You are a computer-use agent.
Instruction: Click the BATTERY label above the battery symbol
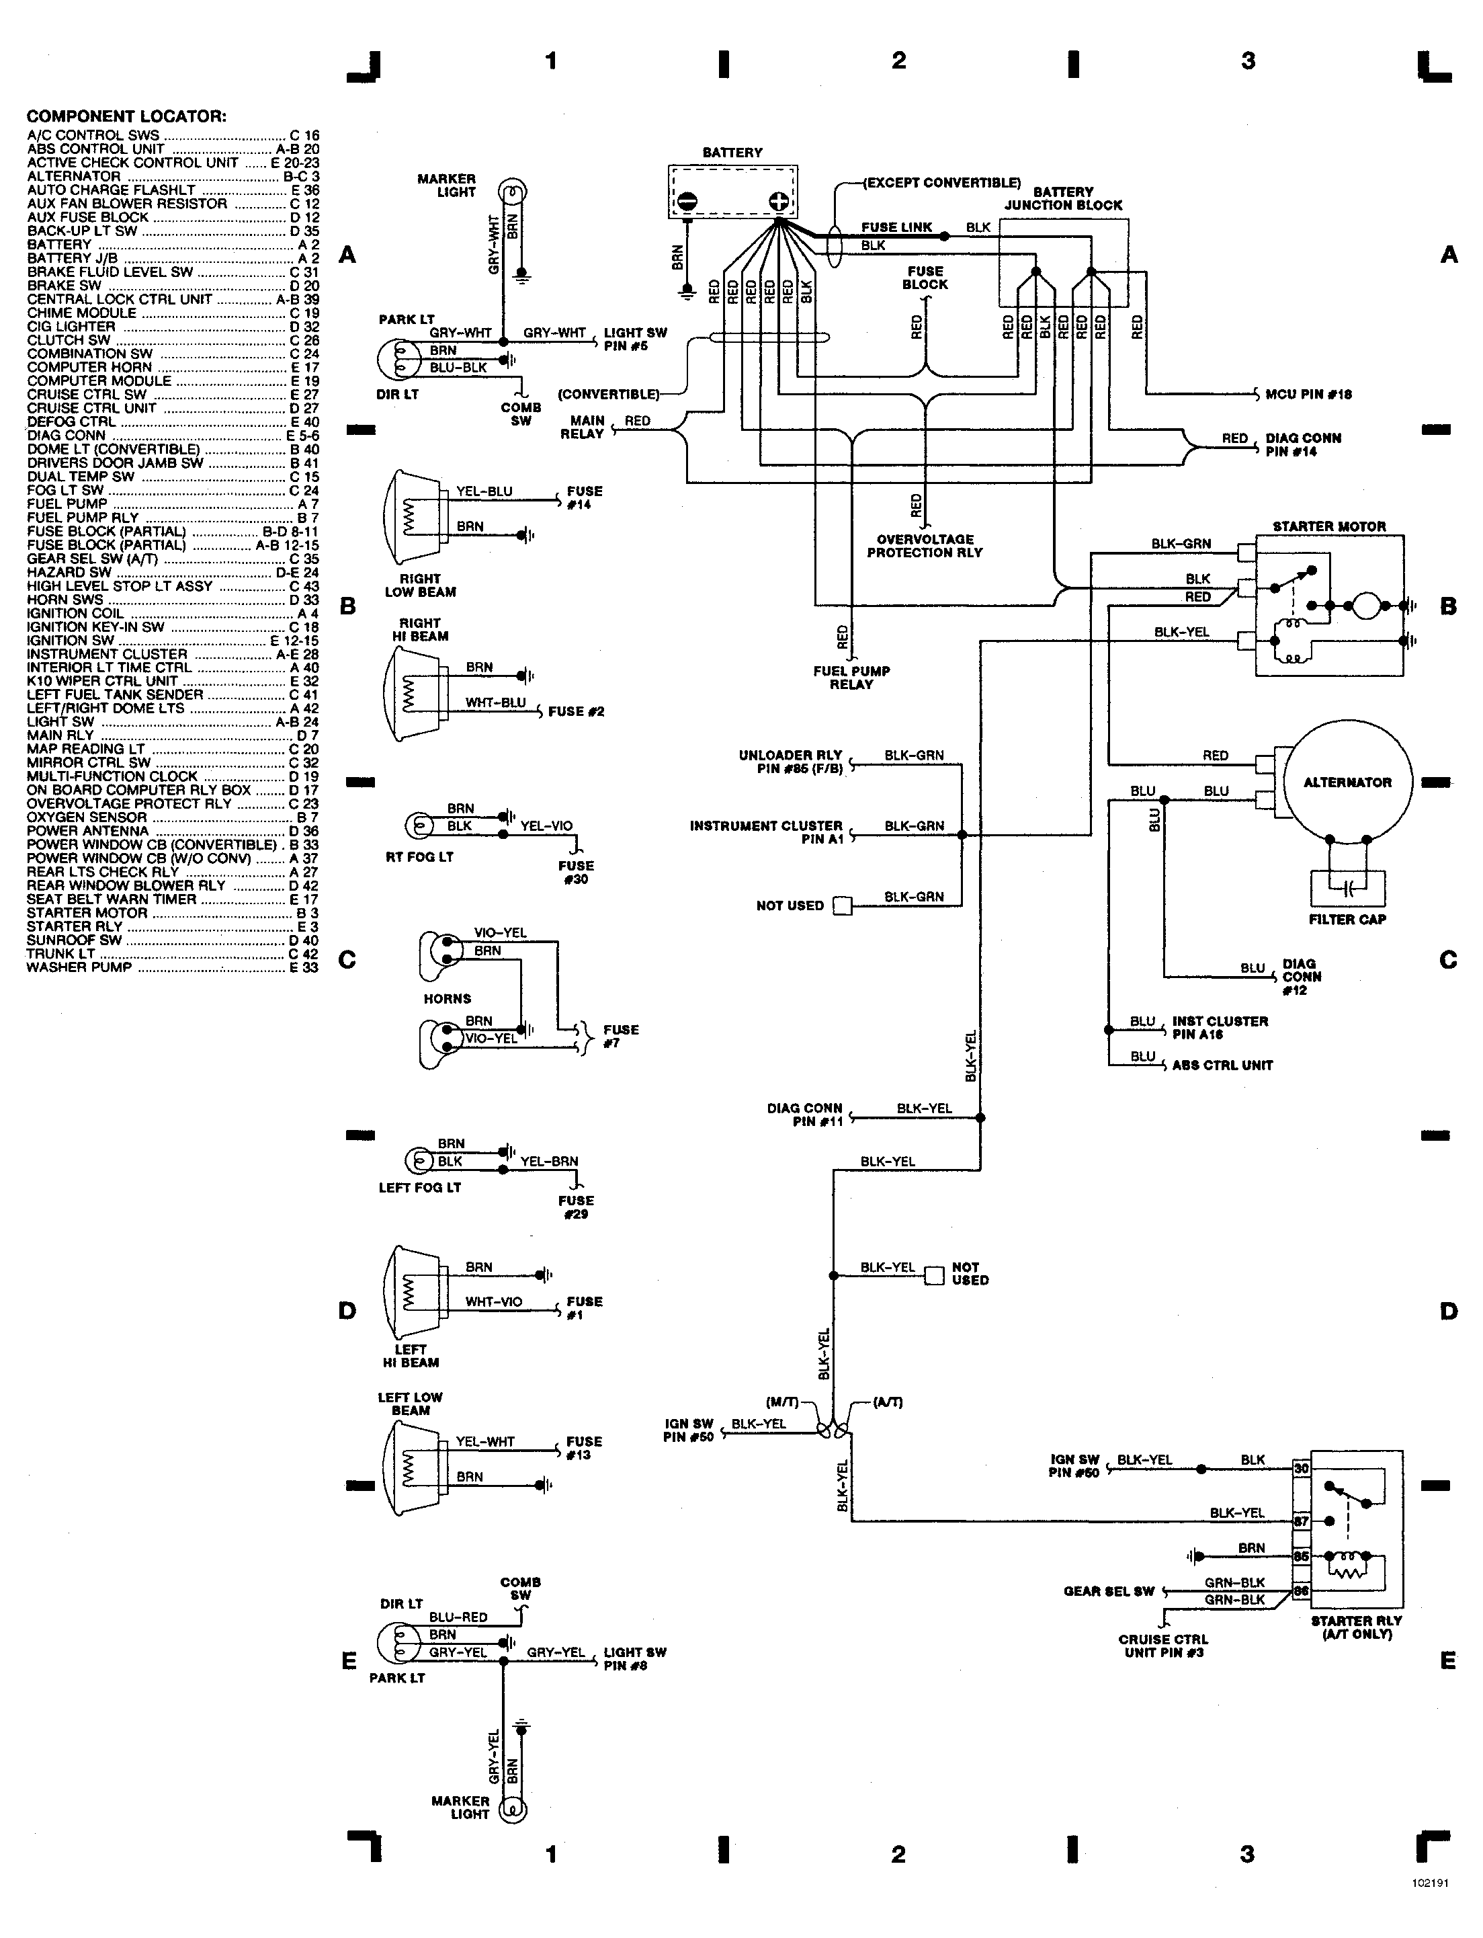732,153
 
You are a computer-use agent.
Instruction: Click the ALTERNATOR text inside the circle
1347,782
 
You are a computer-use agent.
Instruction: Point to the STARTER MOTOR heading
1328,526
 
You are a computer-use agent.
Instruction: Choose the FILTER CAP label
1347,919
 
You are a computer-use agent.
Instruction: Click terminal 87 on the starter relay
1301,1521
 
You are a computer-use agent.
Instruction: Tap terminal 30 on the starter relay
1301,1468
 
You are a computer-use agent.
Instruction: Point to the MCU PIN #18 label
1308,394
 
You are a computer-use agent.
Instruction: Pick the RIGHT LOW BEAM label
420,586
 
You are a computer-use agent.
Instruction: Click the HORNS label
448,999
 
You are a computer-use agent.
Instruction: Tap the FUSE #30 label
576,873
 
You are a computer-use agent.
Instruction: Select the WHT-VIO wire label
493,1301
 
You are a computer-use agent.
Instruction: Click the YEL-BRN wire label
549,1161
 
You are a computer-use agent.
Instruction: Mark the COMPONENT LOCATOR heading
126,116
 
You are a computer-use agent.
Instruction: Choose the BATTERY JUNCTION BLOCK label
1063,199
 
